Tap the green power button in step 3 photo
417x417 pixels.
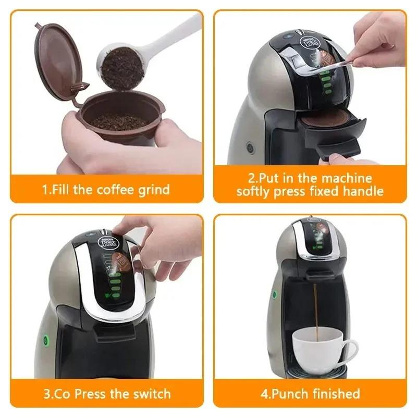pyautogui.click(x=45, y=341)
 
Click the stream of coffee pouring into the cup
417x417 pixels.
pyautogui.click(x=314, y=308)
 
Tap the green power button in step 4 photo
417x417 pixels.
pyautogui.click(x=274, y=295)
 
